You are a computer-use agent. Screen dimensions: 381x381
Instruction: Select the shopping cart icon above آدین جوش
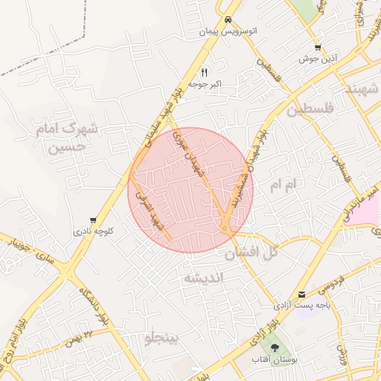318,46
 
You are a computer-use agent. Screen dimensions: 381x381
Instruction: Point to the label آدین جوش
318,58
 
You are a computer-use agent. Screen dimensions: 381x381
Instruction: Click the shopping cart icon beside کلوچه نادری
92,220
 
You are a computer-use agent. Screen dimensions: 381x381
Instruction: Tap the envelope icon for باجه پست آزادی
301,294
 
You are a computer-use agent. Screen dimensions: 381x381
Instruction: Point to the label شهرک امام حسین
67,138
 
